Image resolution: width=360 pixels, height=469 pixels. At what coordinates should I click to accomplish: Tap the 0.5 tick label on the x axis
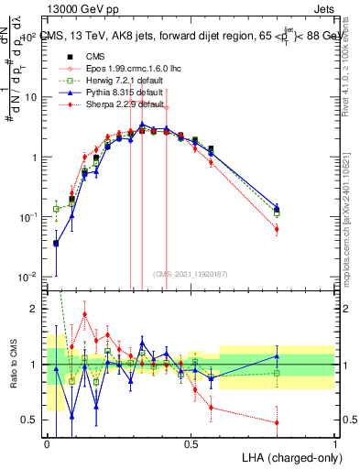click(191, 443)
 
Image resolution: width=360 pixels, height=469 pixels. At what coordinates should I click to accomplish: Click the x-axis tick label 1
click(335, 443)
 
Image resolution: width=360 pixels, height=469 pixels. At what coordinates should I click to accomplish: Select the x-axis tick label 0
click(48, 443)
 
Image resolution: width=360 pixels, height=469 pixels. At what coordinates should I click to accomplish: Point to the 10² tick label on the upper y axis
click(30, 37)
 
